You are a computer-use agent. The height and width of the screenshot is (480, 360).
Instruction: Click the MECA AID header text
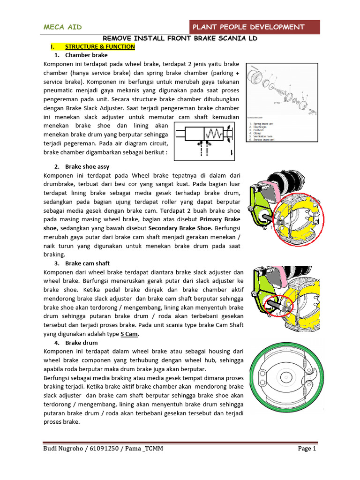[62, 27]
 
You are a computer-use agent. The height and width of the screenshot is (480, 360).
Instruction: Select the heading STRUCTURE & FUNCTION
[100, 47]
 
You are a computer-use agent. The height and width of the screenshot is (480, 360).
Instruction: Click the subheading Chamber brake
[86, 55]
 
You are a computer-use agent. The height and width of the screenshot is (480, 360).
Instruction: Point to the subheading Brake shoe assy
[87, 167]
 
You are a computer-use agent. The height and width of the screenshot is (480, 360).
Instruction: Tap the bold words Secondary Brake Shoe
[180, 228]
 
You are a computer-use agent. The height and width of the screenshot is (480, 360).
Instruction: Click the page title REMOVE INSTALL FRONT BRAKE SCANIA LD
[180, 38]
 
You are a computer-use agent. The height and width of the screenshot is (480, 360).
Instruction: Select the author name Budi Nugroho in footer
[64, 449]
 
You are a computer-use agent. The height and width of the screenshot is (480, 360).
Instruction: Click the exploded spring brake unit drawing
[281, 91]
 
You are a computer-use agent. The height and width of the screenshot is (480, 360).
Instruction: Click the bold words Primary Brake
[219, 219]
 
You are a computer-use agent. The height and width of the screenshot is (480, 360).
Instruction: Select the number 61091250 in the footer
[106, 449]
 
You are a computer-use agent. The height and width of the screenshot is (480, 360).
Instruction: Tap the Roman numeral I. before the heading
[53, 47]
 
